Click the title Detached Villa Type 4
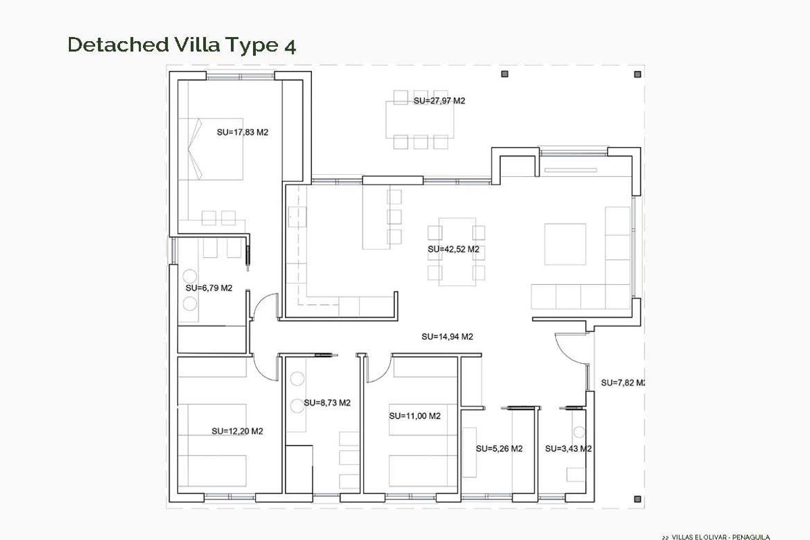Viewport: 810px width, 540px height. (x=182, y=45)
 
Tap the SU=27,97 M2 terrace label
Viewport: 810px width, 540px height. (x=439, y=101)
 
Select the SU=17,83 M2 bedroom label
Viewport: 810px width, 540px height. (x=242, y=132)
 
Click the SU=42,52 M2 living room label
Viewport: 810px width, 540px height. (x=453, y=249)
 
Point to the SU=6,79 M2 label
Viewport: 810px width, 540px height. (x=209, y=288)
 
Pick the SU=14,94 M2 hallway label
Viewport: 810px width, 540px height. (x=446, y=336)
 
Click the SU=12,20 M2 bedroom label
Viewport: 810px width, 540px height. (x=237, y=431)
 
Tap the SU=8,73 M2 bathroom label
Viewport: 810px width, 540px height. (x=327, y=402)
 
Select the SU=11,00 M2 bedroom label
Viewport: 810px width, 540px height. (x=414, y=416)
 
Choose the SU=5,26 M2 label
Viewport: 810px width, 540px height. (x=499, y=448)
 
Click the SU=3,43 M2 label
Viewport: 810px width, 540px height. (x=568, y=448)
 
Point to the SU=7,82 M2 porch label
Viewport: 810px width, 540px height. (x=622, y=383)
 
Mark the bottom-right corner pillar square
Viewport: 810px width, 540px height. (x=638, y=498)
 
